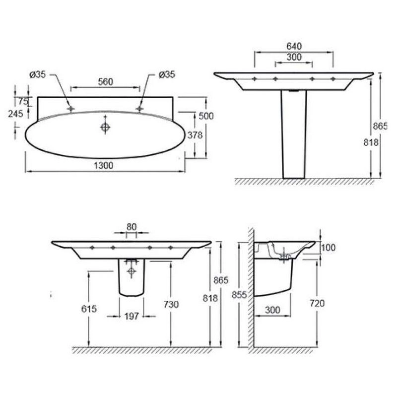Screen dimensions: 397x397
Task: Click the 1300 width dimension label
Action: click(x=104, y=166)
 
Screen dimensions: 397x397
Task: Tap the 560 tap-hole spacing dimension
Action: click(x=106, y=82)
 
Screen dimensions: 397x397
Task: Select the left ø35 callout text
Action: click(x=38, y=74)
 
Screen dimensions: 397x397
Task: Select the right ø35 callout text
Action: click(x=167, y=74)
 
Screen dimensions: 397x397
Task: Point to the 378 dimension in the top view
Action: click(x=195, y=135)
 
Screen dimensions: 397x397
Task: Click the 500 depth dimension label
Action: click(x=206, y=116)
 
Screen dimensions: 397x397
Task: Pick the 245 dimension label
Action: click(x=15, y=114)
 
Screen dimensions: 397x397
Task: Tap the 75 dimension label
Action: click(x=23, y=102)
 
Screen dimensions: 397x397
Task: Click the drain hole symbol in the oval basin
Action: click(x=105, y=127)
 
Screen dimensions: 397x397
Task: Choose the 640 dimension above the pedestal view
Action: click(x=294, y=46)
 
